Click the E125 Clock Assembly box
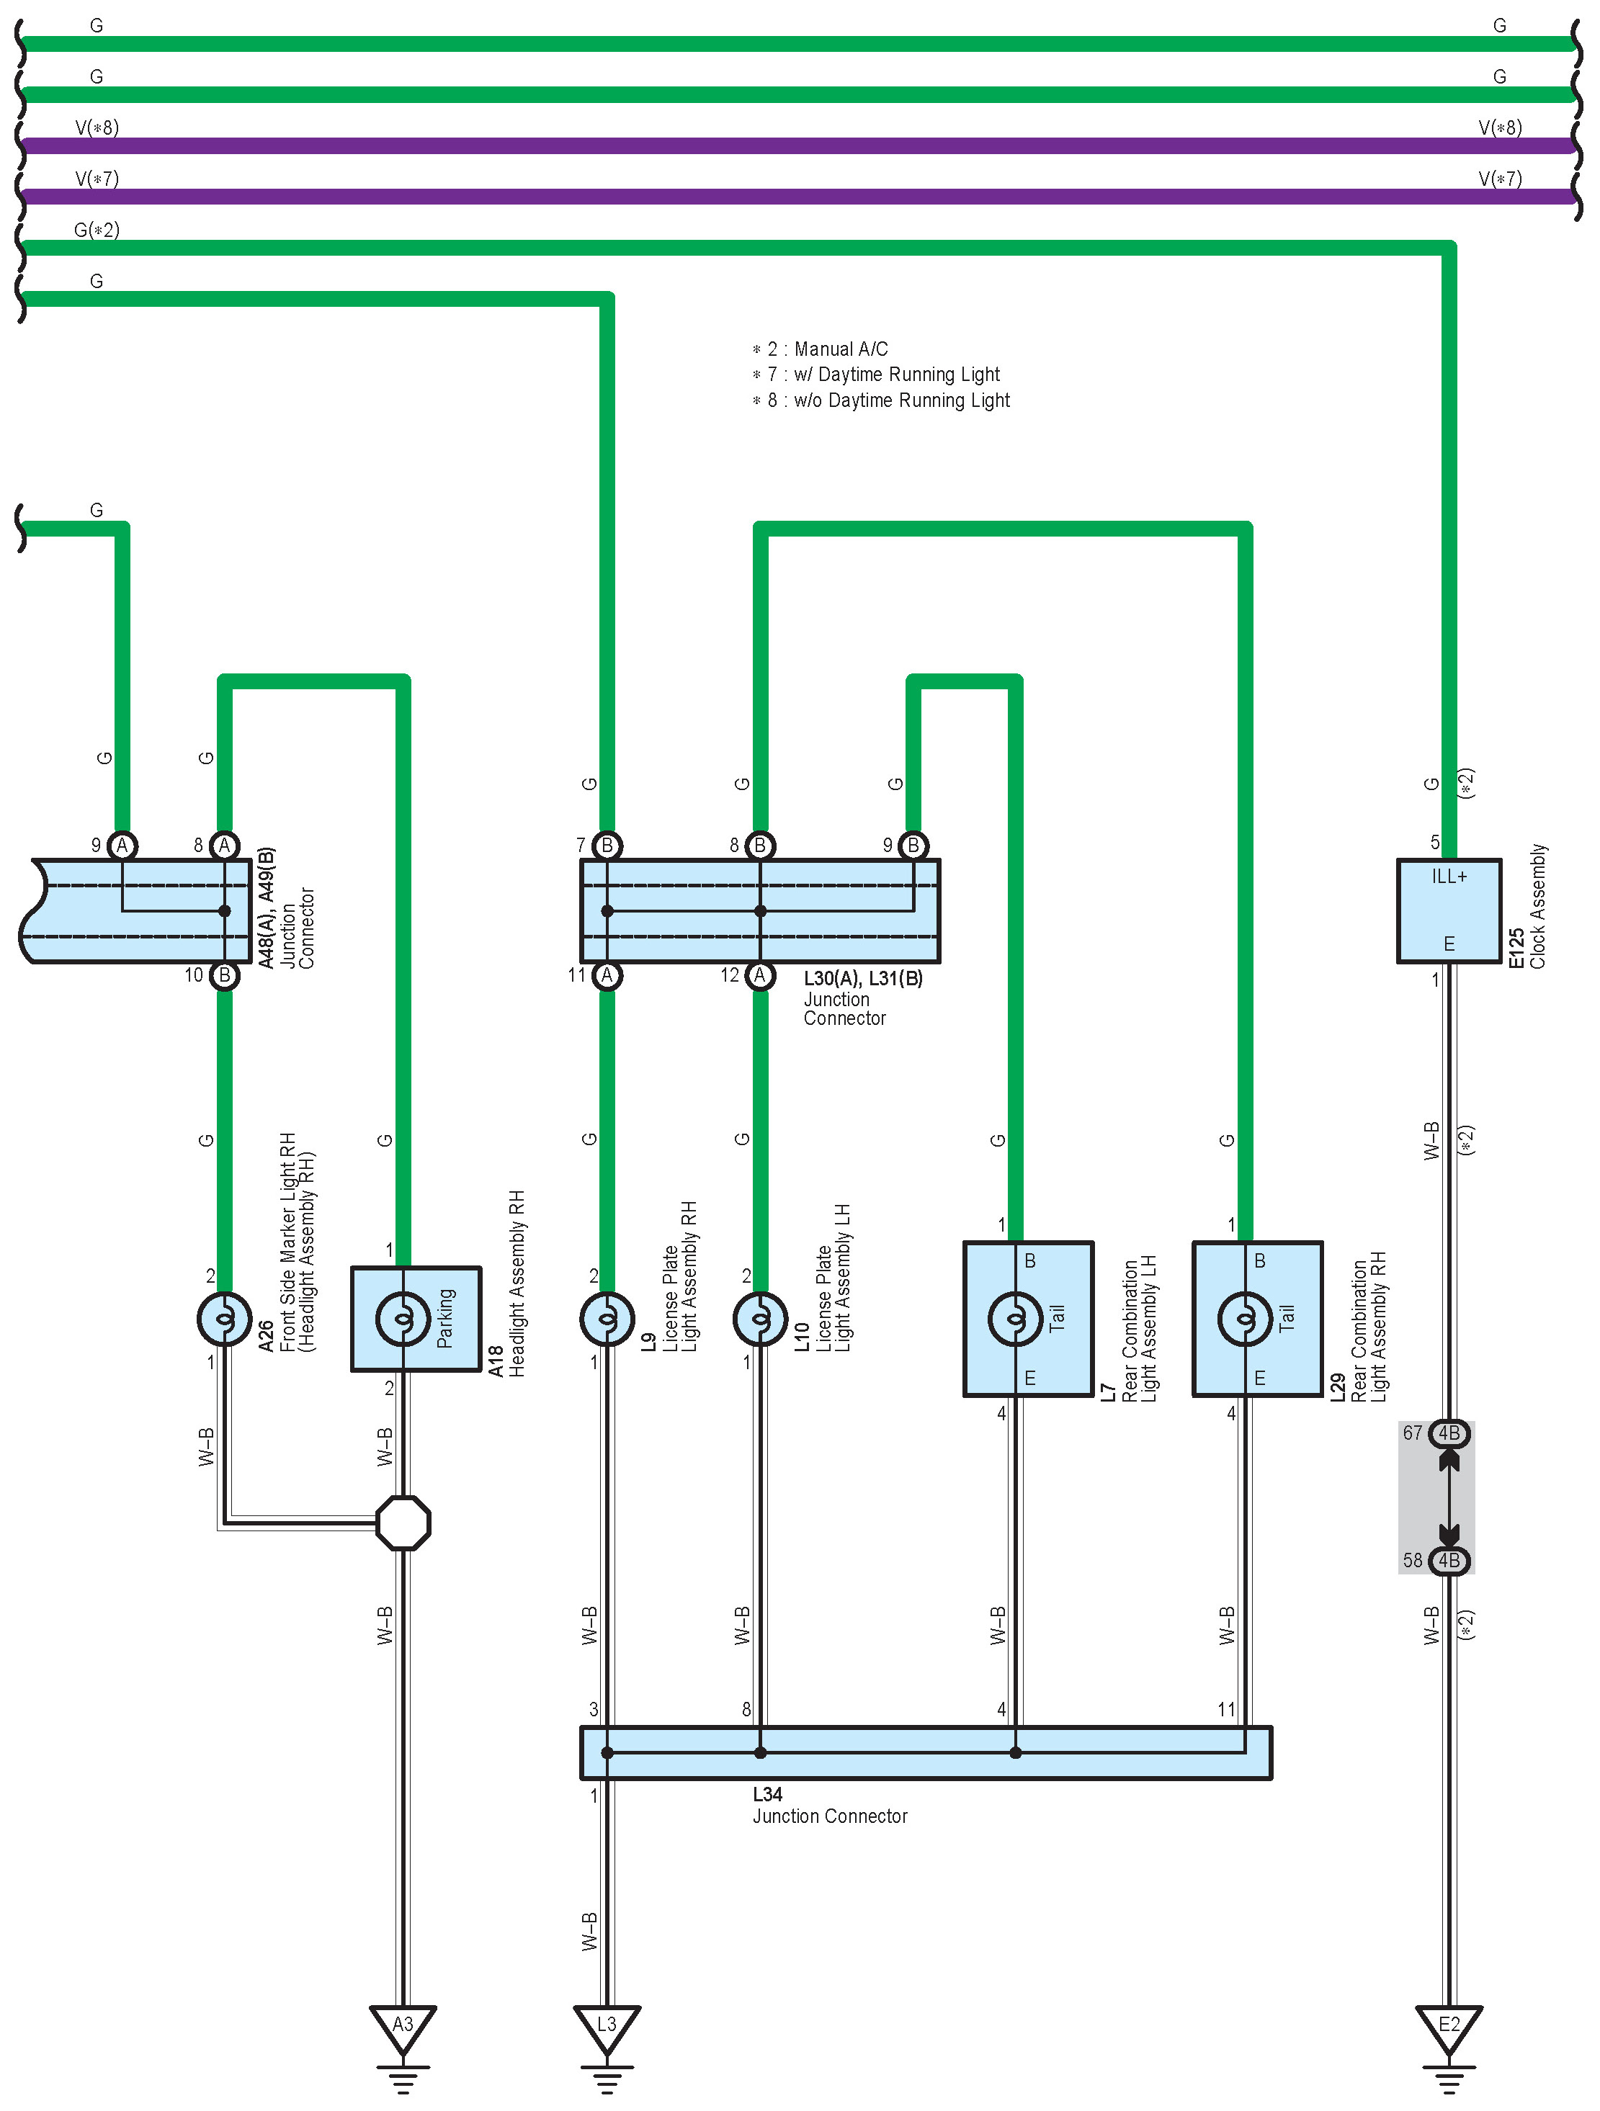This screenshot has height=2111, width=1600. pos(1448,910)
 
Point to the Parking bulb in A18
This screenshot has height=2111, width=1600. pos(403,1319)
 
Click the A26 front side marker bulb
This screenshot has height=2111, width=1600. pos(224,1319)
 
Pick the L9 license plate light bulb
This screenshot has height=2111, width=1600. pos(606,1319)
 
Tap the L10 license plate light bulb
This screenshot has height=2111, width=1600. pos(760,1319)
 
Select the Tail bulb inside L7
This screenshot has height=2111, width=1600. pos(1015,1319)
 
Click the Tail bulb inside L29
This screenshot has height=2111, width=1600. pos(1245,1319)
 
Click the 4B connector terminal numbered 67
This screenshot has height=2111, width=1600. pos(1448,1433)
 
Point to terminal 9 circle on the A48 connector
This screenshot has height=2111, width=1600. pos(122,846)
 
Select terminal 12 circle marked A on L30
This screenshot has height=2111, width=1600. pos(760,975)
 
